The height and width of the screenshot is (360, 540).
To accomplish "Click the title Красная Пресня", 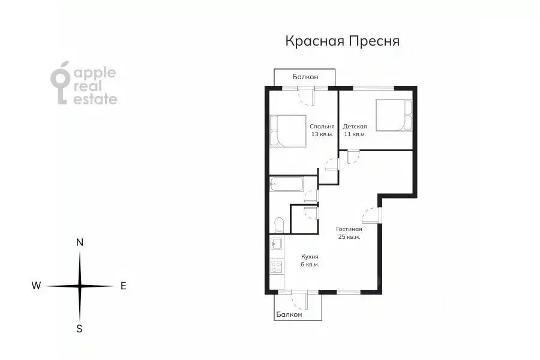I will pos(342,41).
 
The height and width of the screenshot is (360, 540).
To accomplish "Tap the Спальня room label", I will pos(322,127).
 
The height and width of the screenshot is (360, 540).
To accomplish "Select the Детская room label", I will pos(355,127).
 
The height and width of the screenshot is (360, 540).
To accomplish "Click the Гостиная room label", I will pos(349,229).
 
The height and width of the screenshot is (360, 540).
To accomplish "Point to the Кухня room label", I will pos(310,256).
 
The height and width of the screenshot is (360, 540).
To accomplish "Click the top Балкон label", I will pos(305,77).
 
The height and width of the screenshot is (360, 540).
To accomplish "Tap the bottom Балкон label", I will pos(289,314).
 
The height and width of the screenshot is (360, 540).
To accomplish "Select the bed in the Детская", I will pos(394,115).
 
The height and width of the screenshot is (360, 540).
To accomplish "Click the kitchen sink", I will pos(277,243).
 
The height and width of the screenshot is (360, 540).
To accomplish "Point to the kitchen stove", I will pos(276,266).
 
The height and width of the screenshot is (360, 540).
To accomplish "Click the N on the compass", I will pos(79,242).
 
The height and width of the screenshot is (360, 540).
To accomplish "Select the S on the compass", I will pos(79,328).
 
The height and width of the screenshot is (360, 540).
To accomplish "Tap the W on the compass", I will pos(37,286).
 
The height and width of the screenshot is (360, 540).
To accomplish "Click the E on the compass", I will pos(123,286).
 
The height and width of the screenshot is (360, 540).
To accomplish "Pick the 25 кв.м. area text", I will pos(349,237).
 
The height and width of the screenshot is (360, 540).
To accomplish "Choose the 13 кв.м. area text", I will pos(322,134).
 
